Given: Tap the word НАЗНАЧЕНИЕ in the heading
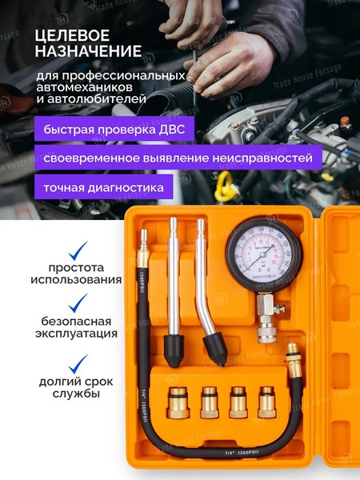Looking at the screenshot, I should coord(88,52).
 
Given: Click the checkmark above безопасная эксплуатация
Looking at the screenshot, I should coord(78,302).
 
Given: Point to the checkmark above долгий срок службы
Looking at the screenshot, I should coord(78,364).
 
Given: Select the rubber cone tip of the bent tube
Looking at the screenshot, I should coord(214,345).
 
